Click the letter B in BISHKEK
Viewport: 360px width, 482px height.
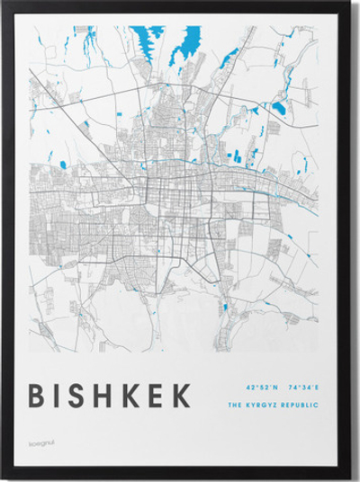pyautogui.click(x=40, y=396)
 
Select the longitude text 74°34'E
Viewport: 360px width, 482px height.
pyautogui.click(x=304, y=388)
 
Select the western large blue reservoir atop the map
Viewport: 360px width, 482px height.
pyautogui.click(x=148, y=40)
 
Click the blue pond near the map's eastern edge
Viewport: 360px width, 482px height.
pyautogui.click(x=278, y=110)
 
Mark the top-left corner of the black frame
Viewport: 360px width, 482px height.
pyautogui.click(x=4, y=4)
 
